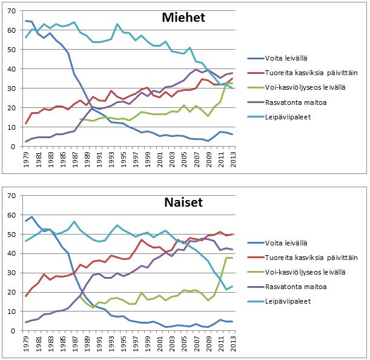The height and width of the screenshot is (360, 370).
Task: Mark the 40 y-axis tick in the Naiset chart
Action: tap(15, 253)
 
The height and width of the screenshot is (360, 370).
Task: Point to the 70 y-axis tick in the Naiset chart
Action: tap(15, 195)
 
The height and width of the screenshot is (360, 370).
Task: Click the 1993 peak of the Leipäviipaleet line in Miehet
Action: tap(116, 24)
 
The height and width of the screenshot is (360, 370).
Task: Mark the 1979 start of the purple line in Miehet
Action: tap(26, 142)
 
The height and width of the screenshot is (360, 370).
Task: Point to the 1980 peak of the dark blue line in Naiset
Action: tap(32, 216)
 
